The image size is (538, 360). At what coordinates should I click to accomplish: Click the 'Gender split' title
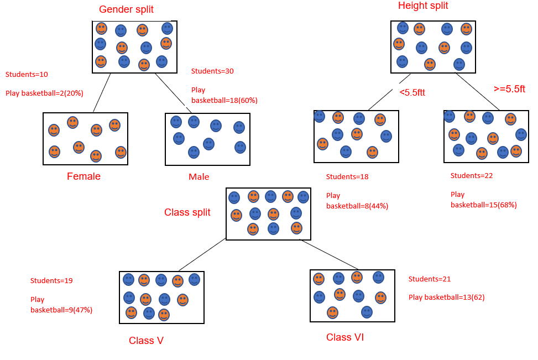126,9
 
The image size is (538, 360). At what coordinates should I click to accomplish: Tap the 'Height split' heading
423,6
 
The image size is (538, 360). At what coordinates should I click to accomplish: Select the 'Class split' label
187,212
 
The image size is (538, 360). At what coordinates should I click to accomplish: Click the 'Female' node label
83,176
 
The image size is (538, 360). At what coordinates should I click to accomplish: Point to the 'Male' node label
199,177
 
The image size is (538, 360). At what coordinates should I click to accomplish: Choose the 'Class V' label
146,340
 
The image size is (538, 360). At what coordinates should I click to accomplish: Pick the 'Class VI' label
345,337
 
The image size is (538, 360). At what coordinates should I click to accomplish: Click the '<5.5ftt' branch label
412,92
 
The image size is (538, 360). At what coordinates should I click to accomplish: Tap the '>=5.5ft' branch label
509,89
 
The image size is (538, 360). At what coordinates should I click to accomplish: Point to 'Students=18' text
347,177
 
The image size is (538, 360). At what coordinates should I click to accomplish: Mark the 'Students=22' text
471,176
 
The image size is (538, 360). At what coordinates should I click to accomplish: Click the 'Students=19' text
51,281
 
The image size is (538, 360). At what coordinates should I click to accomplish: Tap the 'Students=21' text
430,279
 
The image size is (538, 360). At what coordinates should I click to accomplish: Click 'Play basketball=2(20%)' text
44,93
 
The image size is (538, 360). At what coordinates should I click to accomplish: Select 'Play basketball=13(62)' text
446,298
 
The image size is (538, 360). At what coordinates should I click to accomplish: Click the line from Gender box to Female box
102,92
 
